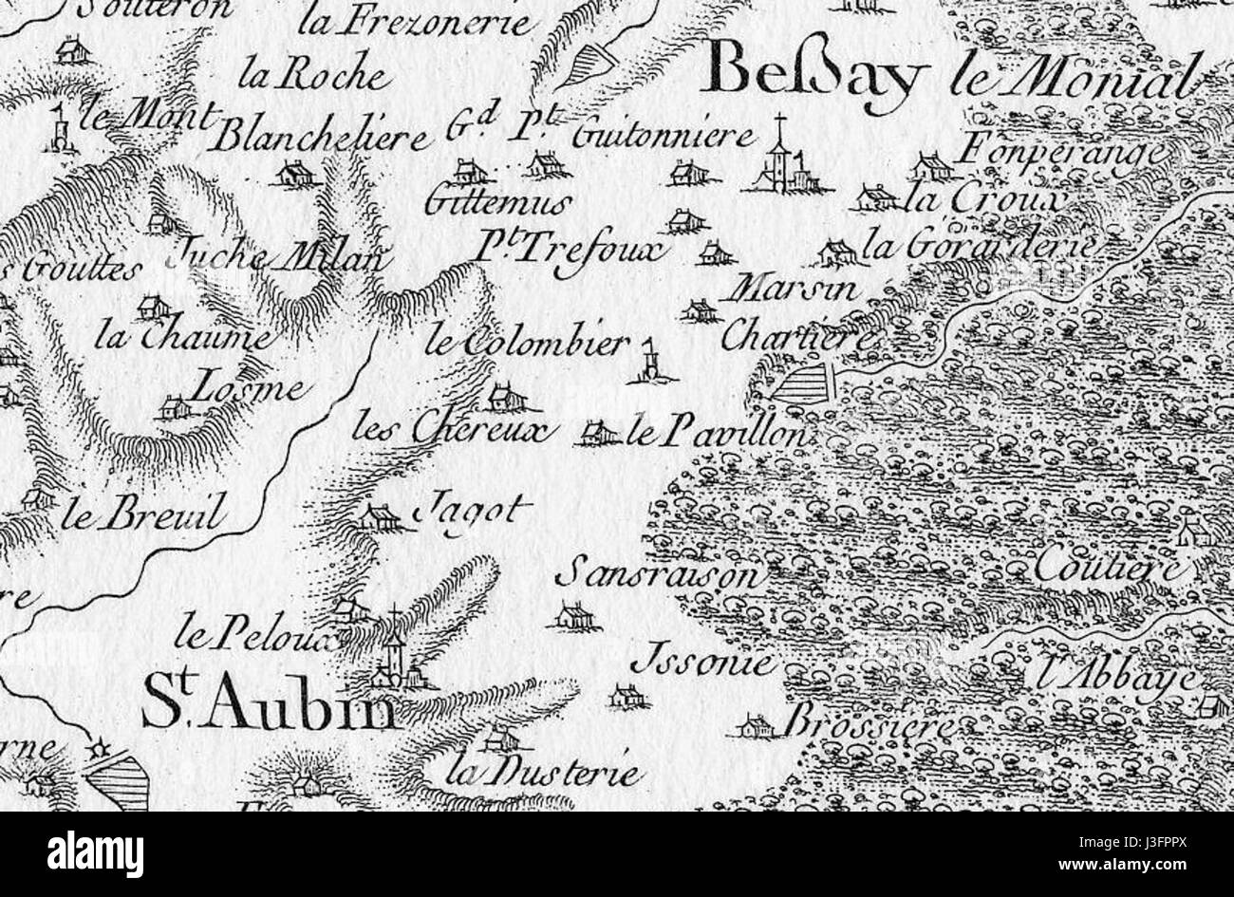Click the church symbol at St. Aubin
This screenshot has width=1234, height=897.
coord(394,655)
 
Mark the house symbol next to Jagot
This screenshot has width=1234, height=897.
coord(381,516)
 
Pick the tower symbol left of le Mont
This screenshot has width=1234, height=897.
coord(61,131)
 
